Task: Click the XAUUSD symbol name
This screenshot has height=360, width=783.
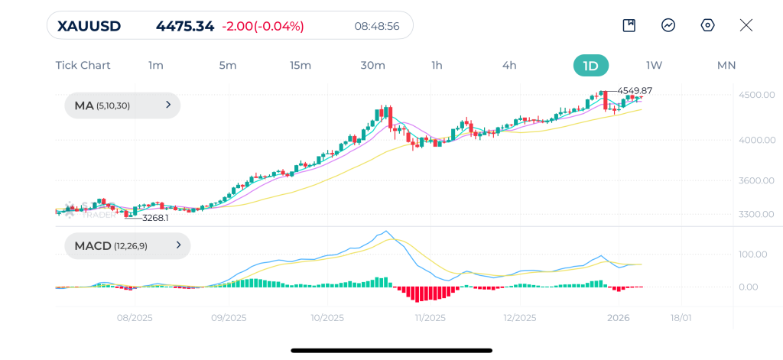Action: pos(89,26)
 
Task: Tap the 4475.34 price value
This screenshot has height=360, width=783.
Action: pos(185,26)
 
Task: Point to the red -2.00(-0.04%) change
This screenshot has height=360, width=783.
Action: pos(263,26)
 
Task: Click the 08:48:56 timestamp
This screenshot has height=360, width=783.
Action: pos(377,26)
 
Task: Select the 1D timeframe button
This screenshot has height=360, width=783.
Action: pos(591,66)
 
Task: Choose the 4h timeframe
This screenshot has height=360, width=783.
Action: pos(509,66)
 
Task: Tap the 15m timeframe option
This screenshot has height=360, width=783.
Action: pos(301,66)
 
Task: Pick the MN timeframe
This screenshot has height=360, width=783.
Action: pos(726,66)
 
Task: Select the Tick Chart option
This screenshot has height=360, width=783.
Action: pos(83,66)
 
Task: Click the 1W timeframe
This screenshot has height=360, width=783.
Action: pos(655,66)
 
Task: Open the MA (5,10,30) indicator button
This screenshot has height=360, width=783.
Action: pos(122,105)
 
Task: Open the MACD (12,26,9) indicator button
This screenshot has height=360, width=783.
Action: pos(128,245)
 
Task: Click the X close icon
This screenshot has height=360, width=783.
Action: pos(746,25)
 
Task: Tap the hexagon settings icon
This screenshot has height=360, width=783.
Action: pos(707,25)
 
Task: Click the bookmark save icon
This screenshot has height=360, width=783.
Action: pos(629,25)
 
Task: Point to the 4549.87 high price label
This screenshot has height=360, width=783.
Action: pos(635,91)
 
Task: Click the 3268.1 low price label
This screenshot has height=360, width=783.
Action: pos(155,218)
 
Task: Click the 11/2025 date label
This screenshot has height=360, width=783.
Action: pos(430,318)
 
